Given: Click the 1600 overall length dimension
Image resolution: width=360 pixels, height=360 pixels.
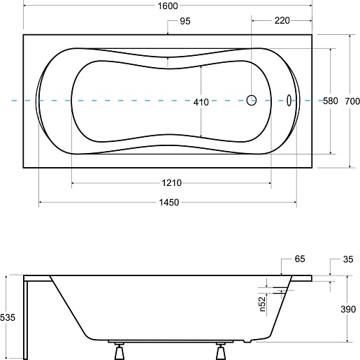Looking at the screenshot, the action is click(x=168, y=6).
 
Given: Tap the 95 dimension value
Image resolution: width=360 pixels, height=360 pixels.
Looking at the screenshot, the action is click(x=185, y=21).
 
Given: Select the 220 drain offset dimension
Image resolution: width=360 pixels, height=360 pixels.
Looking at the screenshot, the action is click(x=282, y=20).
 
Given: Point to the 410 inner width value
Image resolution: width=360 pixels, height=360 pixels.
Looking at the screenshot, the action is click(x=201, y=102).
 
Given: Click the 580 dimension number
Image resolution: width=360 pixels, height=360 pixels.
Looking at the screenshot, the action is click(x=331, y=101).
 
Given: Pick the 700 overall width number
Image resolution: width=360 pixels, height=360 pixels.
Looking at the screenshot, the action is click(x=352, y=101).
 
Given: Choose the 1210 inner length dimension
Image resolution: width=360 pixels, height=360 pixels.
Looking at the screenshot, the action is click(x=172, y=183).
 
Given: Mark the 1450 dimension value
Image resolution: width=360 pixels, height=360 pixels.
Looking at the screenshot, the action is click(x=169, y=202).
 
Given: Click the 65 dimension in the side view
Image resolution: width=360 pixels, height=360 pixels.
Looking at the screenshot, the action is click(x=300, y=259).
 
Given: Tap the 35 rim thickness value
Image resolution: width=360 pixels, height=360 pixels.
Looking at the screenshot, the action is click(x=348, y=259).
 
